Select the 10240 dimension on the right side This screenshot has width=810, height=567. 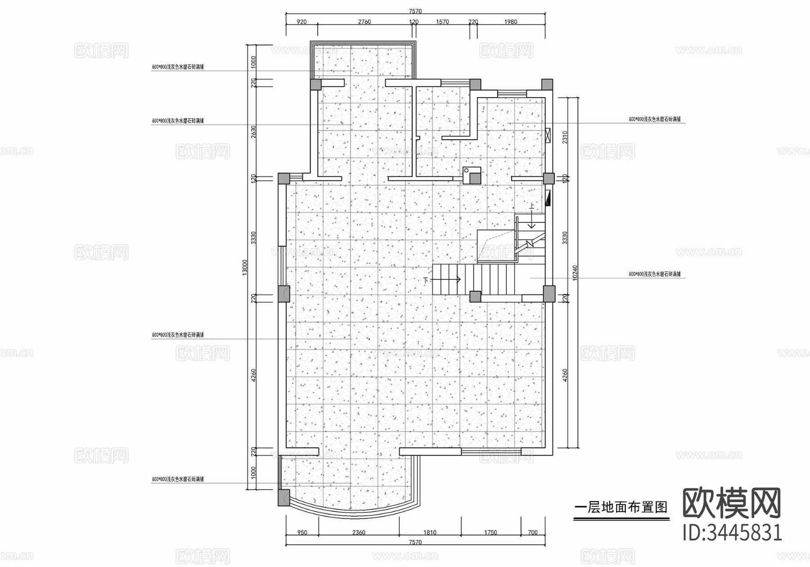575,273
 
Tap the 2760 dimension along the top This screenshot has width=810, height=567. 364,22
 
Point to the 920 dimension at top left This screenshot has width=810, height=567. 301,22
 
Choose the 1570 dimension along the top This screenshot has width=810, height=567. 442,22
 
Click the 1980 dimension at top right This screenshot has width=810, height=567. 511,22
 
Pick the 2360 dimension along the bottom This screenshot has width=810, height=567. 359,532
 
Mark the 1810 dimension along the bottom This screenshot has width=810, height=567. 430,532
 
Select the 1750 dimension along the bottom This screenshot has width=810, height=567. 490,532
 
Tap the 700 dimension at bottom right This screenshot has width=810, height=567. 532,532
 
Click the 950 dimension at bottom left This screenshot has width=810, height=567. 302,532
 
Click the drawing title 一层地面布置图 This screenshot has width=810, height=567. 621,508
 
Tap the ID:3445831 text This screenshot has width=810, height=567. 732,533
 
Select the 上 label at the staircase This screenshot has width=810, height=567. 532,207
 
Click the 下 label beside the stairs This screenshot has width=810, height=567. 426,280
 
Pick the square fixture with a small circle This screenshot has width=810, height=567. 472,175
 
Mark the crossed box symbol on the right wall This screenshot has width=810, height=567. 548,135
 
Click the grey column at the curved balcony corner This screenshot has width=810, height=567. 283,498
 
